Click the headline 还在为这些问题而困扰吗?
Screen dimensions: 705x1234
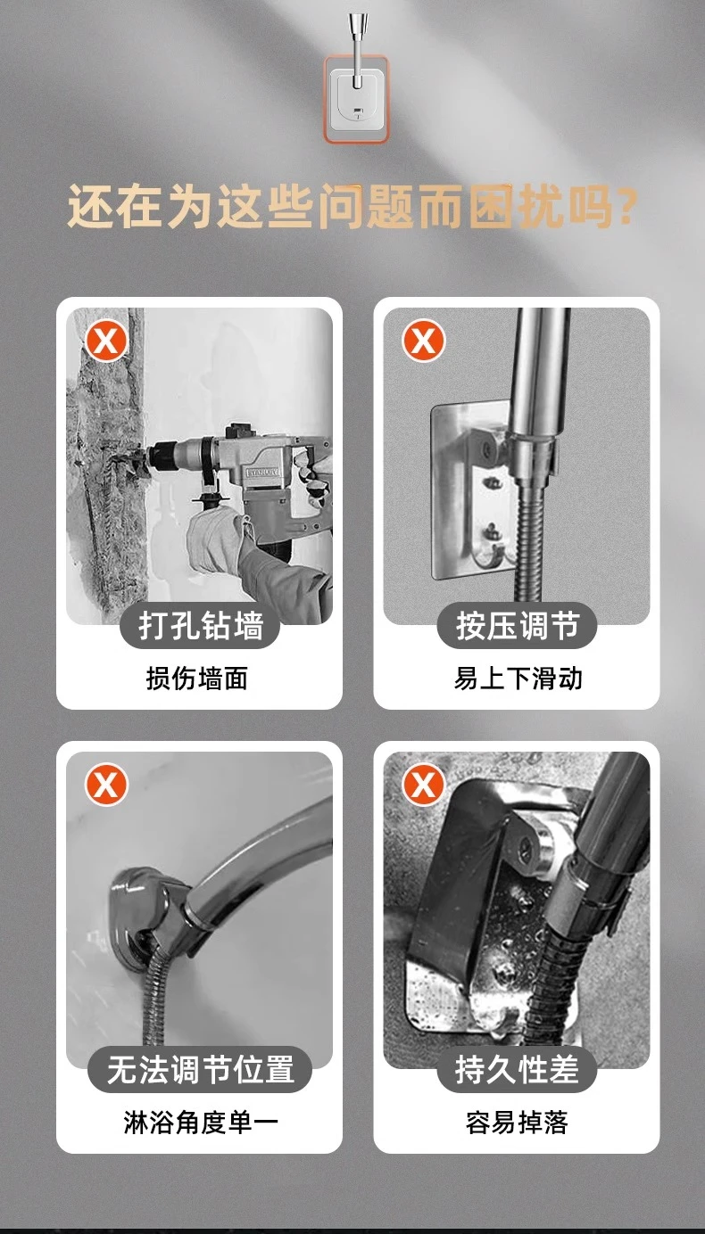(x=352, y=207)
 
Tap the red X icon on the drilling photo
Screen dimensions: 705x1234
(x=106, y=341)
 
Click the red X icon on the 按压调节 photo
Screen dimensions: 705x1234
(x=423, y=341)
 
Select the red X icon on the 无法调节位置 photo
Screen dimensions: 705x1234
(x=106, y=785)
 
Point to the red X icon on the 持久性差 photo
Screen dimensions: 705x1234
(x=423, y=785)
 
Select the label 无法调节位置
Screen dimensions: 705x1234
(x=200, y=1069)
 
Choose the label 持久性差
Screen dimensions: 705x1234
(x=517, y=1069)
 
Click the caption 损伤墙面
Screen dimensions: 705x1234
(x=197, y=679)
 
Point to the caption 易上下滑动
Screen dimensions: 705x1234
(x=518, y=679)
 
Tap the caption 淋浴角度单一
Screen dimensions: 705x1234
(x=201, y=1123)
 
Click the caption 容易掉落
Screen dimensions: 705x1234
(x=517, y=1123)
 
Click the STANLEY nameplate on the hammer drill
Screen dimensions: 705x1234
(x=263, y=473)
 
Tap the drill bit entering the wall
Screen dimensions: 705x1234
(x=126, y=461)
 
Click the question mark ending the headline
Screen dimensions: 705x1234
(x=628, y=207)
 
